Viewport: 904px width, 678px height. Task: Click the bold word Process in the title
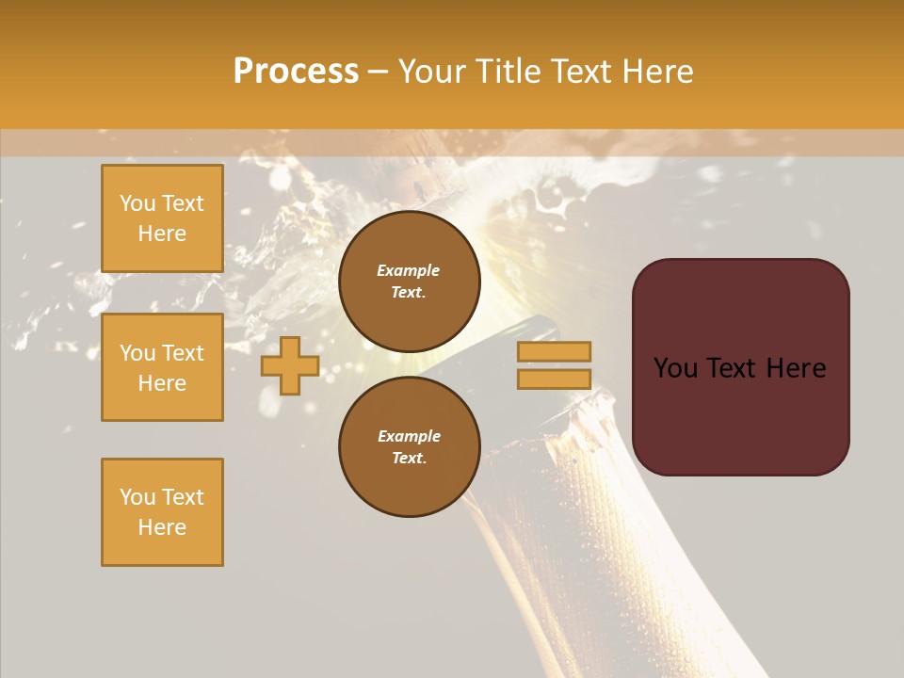pyautogui.click(x=296, y=72)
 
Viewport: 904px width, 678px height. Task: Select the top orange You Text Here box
pyautogui.click(x=162, y=218)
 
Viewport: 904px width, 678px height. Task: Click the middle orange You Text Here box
pyautogui.click(x=162, y=367)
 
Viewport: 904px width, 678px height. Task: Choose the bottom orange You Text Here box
pyautogui.click(x=162, y=512)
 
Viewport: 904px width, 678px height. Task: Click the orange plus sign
pyautogui.click(x=290, y=365)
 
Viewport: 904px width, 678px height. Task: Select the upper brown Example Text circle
pyautogui.click(x=409, y=282)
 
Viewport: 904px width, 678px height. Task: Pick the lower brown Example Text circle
pyautogui.click(x=409, y=447)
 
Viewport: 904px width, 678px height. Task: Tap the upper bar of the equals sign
pyautogui.click(x=554, y=351)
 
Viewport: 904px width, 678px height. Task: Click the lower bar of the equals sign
pyautogui.click(x=554, y=379)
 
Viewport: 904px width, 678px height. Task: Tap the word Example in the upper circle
pyautogui.click(x=408, y=270)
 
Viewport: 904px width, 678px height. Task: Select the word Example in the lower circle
pyautogui.click(x=409, y=436)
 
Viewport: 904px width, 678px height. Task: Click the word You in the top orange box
pyautogui.click(x=137, y=203)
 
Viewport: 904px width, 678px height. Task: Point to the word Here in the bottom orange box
pyautogui.click(x=162, y=527)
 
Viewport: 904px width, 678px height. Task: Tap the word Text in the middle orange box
pyautogui.click(x=182, y=353)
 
